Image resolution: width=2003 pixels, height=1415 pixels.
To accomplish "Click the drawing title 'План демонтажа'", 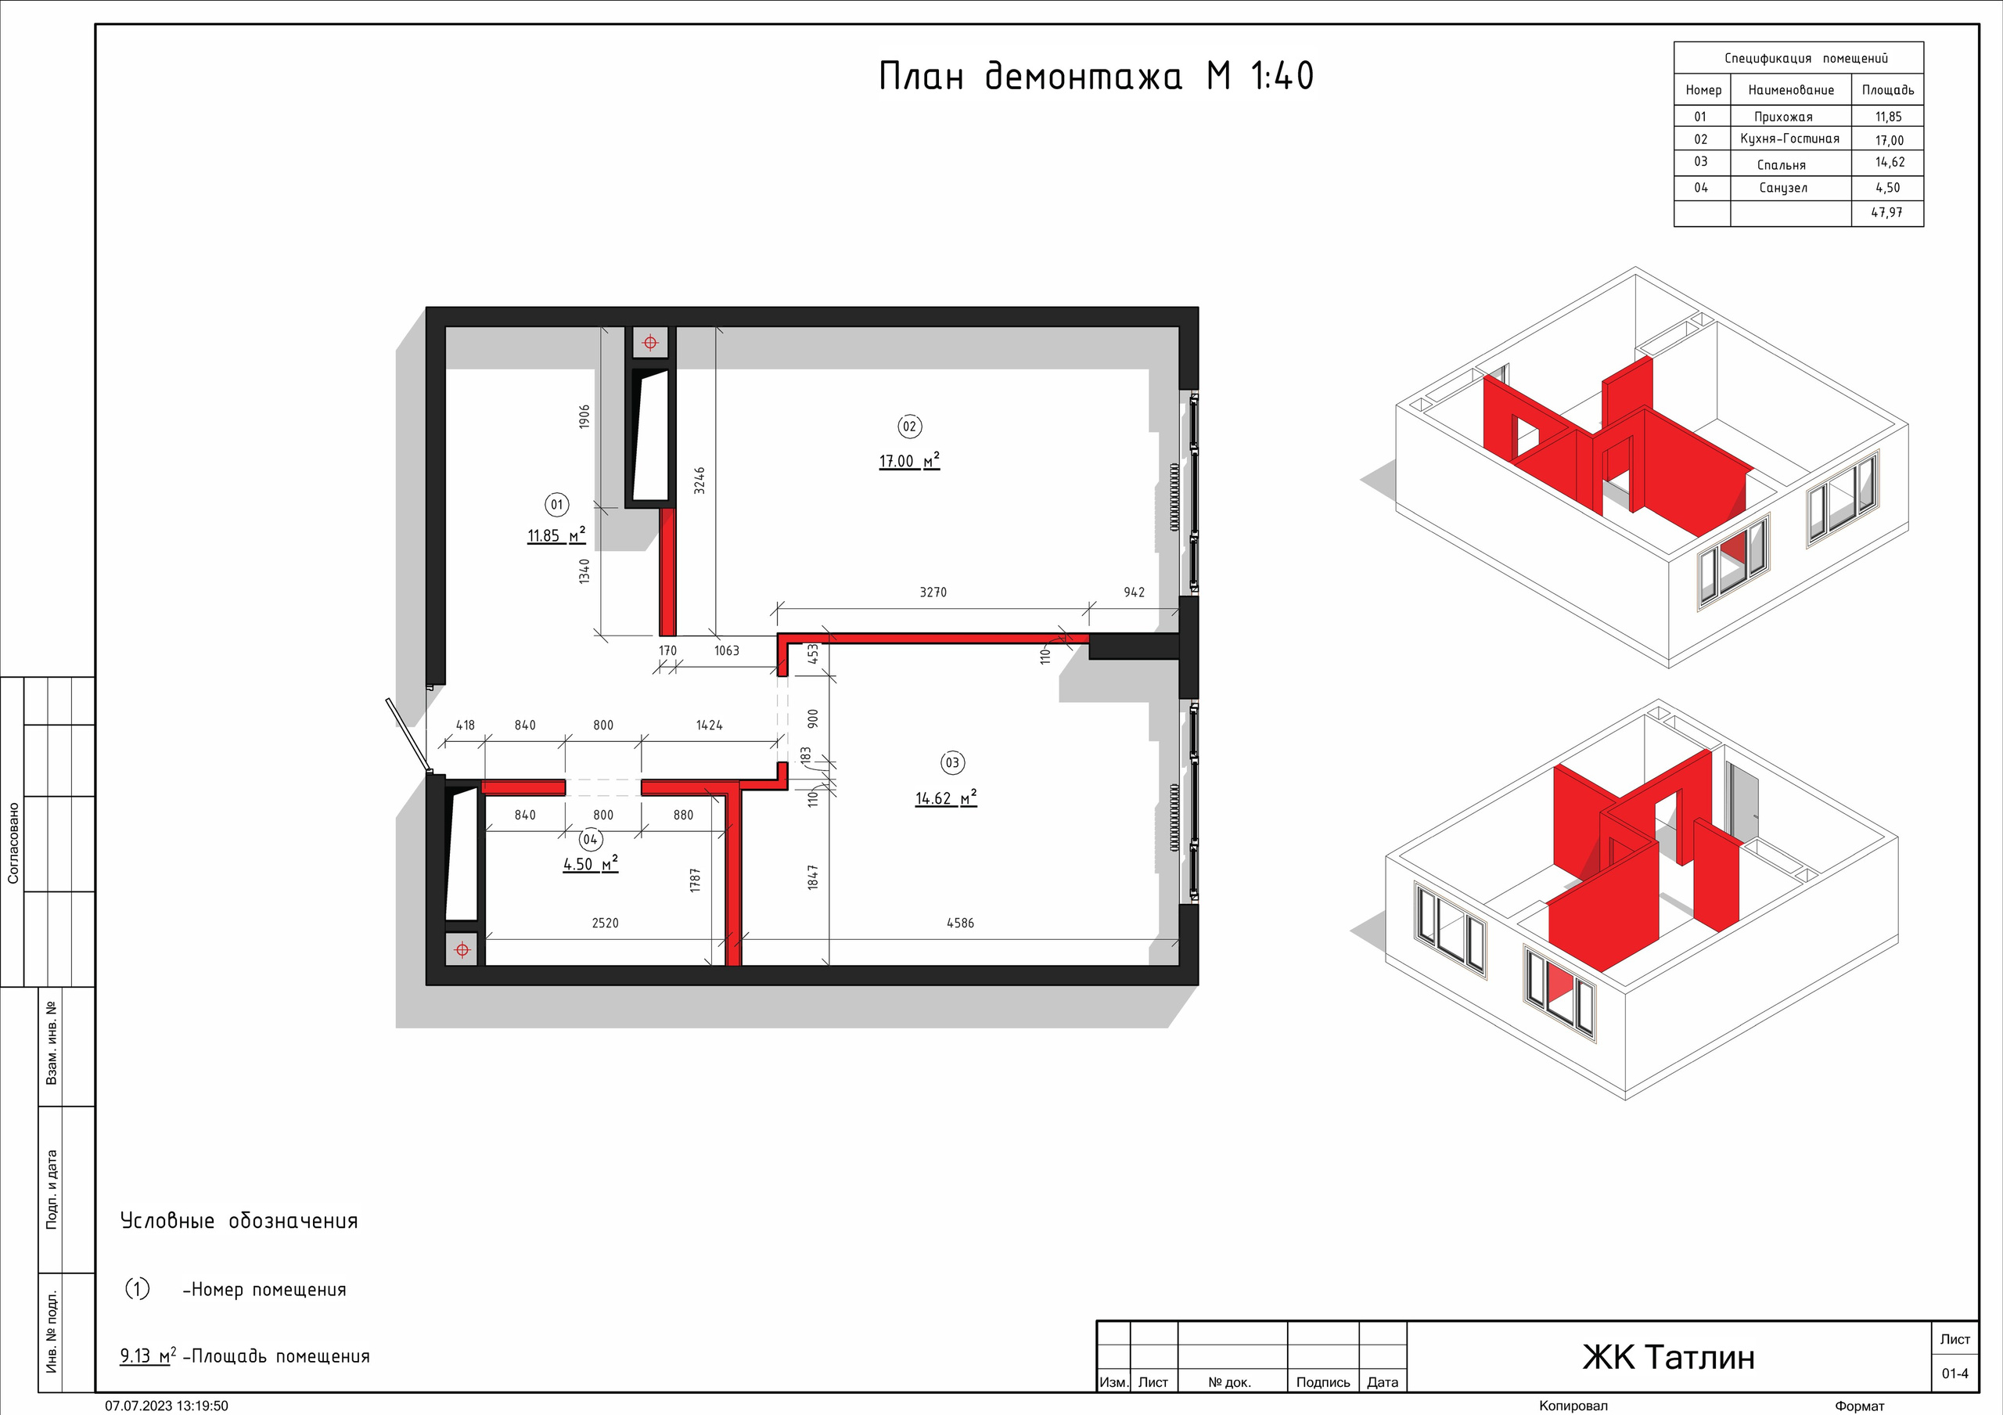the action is [1030, 77].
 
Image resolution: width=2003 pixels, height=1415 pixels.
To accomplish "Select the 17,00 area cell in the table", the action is [1890, 139].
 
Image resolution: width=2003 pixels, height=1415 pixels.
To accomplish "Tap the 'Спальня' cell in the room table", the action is [1782, 165].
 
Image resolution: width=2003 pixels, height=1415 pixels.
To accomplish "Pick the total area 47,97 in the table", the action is [1887, 212].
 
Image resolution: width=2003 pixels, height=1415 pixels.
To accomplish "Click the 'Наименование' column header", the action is [1791, 90].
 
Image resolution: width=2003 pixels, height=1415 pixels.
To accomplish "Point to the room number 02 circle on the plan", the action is [909, 427].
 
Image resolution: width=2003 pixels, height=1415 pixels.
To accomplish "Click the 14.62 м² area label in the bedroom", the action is [946, 798].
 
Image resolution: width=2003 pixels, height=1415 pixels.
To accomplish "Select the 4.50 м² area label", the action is [591, 864].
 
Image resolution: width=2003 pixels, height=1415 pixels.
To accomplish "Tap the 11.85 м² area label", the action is [556, 535].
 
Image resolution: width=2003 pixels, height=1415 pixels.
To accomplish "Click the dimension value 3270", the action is [933, 592].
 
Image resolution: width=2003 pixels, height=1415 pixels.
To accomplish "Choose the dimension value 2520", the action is [605, 923].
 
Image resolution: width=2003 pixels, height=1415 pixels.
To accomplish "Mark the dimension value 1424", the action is [709, 725].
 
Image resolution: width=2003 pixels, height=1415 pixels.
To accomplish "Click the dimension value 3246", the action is [699, 481].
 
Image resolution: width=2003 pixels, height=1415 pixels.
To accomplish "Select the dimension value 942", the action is [1134, 592].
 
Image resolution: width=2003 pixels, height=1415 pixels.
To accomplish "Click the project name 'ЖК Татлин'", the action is [1668, 1357].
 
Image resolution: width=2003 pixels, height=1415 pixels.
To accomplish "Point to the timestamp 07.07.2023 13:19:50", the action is [167, 1406].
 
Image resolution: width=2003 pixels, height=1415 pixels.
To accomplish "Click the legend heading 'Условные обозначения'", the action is [239, 1220].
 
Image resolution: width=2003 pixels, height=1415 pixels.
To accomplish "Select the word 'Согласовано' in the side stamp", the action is [13, 843].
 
